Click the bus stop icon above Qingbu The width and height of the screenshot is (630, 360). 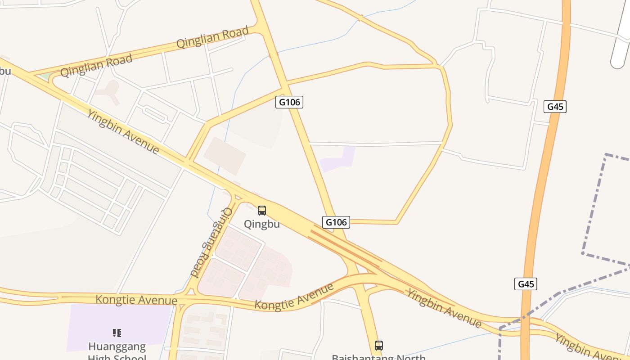pyautogui.click(x=262, y=210)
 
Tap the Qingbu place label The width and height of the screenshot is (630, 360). pyautogui.click(x=262, y=224)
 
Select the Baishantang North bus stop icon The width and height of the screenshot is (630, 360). pyautogui.click(x=379, y=346)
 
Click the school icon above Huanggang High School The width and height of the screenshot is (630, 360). pyautogui.click(x=117, y=333)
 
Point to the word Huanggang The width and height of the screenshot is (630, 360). pyautogui.click(x=117, y=346)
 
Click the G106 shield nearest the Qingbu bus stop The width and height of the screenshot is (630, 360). pyautogui.click(x=336, y=222)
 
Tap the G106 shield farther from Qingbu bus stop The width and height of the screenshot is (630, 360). pyautogui.click(x=289, y=102)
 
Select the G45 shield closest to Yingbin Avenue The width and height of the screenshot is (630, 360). pyautogui.click(x=526, y=284)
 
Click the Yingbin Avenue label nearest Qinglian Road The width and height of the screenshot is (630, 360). pyautogui.click(x=124, y=131)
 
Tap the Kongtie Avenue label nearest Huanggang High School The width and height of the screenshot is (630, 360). pyautogui.click(x=136, y=300)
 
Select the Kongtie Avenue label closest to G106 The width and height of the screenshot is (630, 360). pyautogui.click(x=294, y=297)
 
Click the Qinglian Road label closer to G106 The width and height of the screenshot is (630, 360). pyautogui.click(x=212, y=37)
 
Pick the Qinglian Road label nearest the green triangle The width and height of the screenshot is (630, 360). pyautogui.click(x=96, y=66)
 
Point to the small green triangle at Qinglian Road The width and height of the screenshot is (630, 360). pyautogui.click(x=45, y=76)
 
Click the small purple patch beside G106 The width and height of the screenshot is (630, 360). pyautogui.click(x=338, y=159)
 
